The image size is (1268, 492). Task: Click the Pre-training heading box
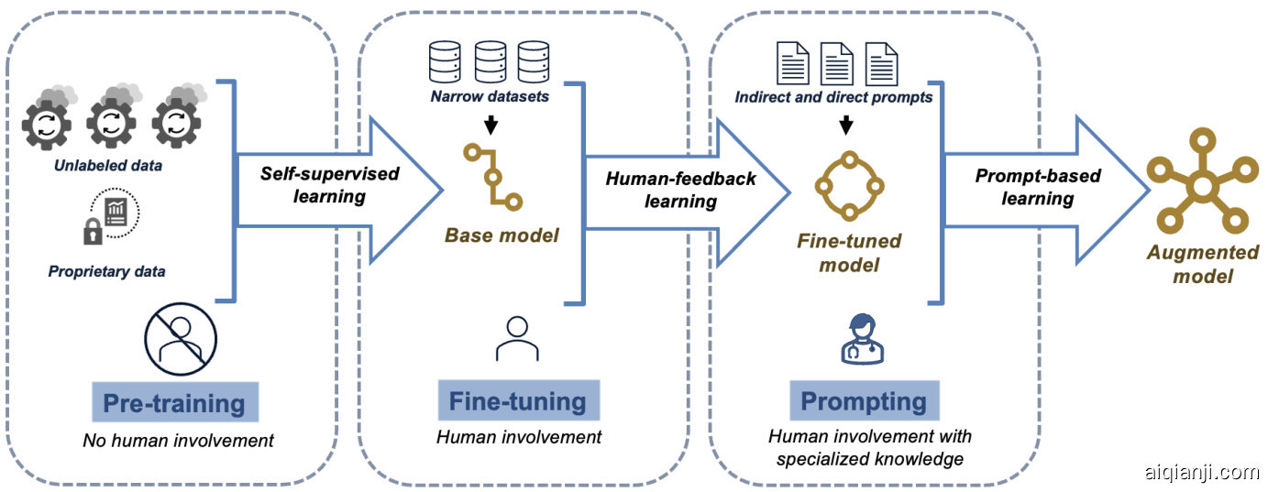(174, 403)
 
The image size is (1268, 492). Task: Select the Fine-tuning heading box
(518, 400)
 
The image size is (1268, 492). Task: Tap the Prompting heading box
(864, 400)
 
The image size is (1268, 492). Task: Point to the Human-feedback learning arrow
(683, 189)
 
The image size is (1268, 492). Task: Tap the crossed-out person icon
(181, 339)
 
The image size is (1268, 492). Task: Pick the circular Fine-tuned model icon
(848, 187)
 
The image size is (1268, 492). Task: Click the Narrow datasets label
(490, 96)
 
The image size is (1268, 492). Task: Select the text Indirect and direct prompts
(833, 97)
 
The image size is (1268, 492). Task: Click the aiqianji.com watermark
(1201, 473)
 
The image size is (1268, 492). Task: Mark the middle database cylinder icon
(491, 61)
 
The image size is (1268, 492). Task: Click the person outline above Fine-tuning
(517, 338)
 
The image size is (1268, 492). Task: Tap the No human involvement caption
(179, 441)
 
